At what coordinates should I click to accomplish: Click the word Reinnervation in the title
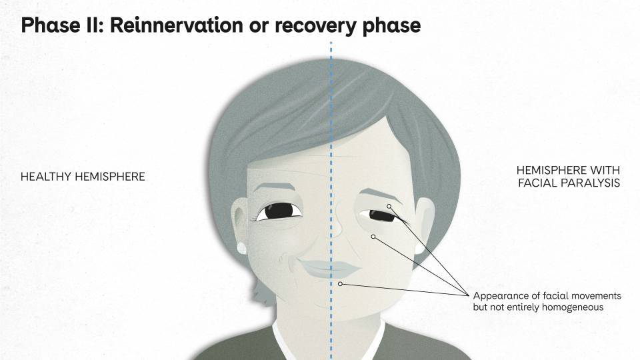[x=176, y=25]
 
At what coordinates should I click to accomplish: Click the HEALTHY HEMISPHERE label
[x=83, y=177]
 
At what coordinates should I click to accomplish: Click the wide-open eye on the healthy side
[x=279, y=212]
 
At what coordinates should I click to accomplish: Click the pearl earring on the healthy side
[x=241, y=247]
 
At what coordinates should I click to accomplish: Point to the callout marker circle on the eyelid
[x=389, y=207]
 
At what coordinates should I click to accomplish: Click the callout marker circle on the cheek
[x=373, y=237]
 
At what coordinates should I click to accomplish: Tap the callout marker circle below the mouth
[x=340, y=284]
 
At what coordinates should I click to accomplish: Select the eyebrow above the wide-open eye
[x=275, y=187]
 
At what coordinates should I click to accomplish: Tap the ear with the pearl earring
[x=239, y=223]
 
